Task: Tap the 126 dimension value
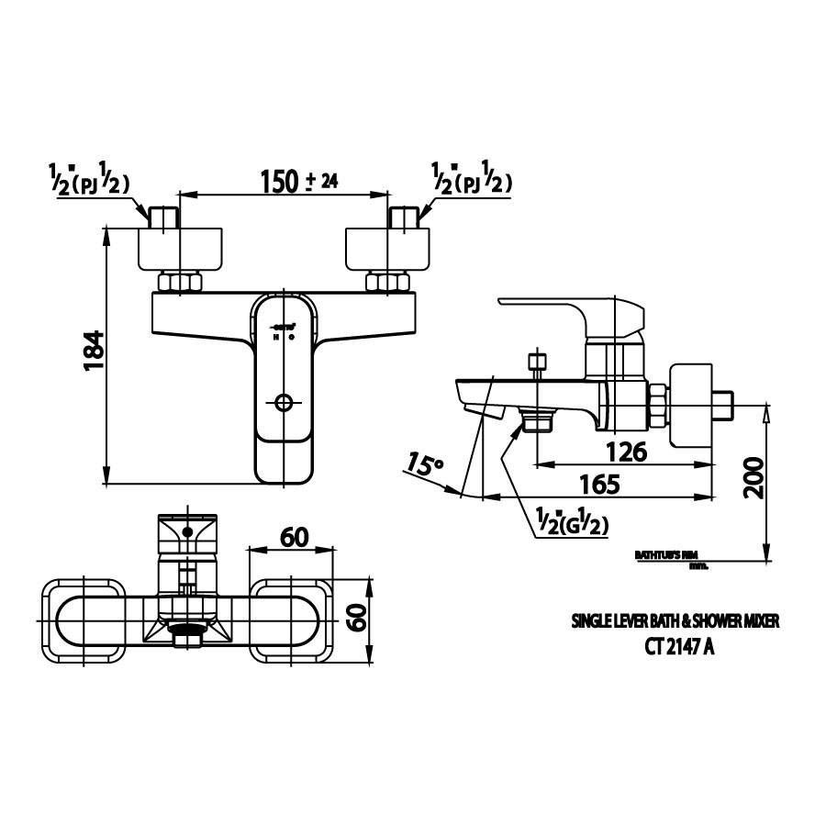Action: pos(627,451)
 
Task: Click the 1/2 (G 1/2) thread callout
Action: pos(571,524)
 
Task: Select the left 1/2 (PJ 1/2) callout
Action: pos(88,181)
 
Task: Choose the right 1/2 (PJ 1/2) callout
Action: pos(470,181)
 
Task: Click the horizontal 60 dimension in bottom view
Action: pos(294,537)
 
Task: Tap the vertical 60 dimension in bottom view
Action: pos(359,622)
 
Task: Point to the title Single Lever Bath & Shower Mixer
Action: pos(675,621)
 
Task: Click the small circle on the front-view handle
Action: pos(283,403)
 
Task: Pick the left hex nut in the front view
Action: pos(180,283)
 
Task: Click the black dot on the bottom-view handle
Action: pos(188,531)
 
